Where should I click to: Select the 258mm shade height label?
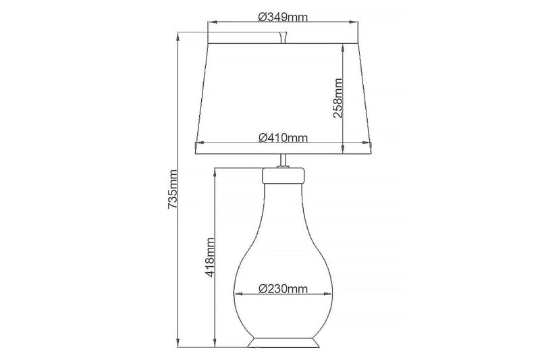339,99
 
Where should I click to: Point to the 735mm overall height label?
173,189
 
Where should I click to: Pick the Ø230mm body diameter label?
283,289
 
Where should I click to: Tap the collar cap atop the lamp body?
283,177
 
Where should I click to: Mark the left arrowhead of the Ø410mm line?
198,144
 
